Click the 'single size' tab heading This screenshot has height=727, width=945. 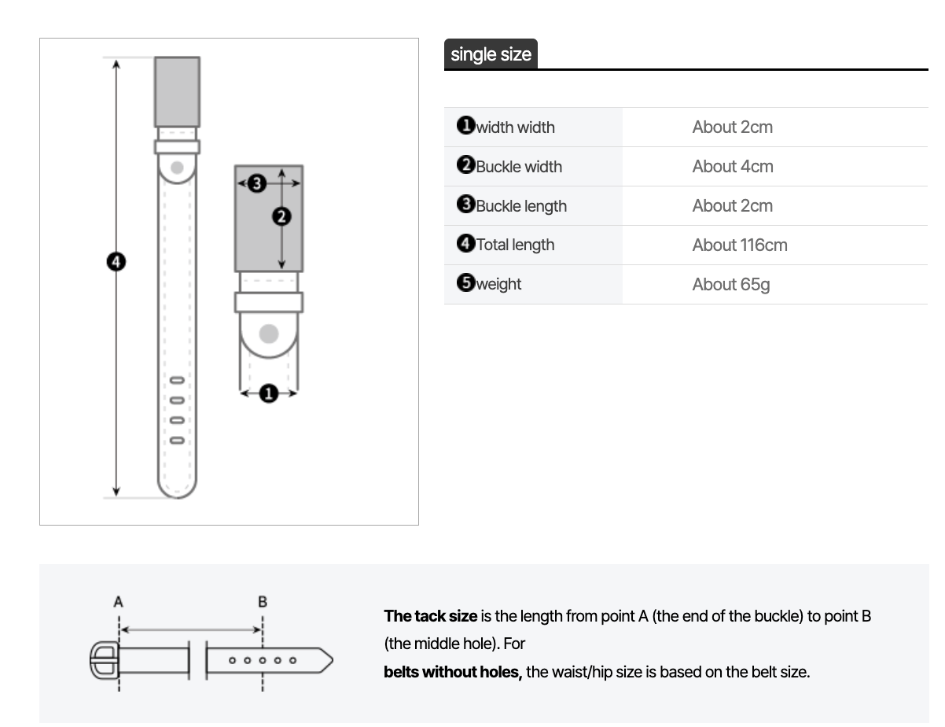click(491, 54)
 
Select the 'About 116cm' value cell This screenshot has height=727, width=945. click(739, 245)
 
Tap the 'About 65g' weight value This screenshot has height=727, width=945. click(730, 284)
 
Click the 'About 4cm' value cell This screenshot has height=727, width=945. click(732, 166)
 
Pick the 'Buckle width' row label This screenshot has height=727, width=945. click(518, 166)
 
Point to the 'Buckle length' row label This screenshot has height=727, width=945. click(520, 205)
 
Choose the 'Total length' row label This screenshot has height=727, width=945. click(514, 245)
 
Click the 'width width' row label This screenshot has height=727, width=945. click(514, 127)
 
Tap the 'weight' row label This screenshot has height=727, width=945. click(498, 284)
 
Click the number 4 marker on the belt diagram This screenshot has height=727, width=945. click(116, 261)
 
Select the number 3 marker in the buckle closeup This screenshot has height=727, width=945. click(257, 184)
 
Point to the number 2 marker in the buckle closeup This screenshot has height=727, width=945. click(281, 216)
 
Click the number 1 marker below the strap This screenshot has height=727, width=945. click(268, 393)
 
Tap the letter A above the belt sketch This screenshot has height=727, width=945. click(119, 602)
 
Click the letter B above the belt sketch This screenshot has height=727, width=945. click(263, 602)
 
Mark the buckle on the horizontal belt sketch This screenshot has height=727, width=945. click(105, 660)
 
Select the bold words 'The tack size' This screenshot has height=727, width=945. click(430, 616)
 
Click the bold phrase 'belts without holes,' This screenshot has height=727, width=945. click(453, 672)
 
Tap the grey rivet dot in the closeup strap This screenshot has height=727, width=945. click(269, 334)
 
